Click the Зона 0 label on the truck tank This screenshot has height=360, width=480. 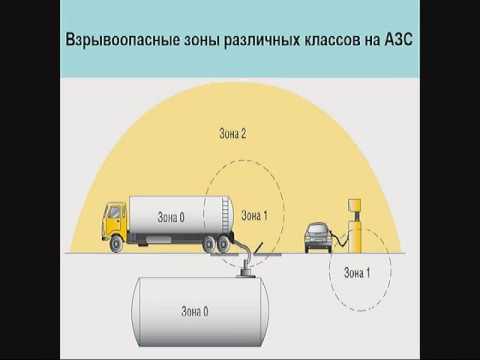click(173, 215)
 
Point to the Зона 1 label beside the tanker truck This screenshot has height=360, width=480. click(255, 215)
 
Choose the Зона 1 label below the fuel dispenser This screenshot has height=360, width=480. click(357, 271)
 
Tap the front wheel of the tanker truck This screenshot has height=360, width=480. click(121, 243)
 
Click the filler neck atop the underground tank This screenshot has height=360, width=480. click(245, 268)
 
